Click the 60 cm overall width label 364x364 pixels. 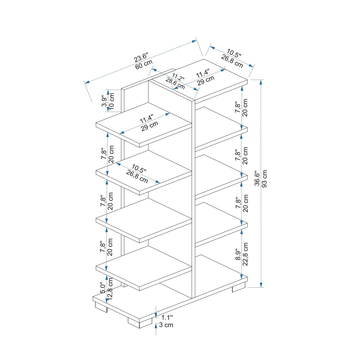click(x=144, y=64)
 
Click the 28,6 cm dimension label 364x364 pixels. click(x=175, y=83)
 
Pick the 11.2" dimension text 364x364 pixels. click(x=178, y=77)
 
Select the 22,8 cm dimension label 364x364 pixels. click(x=245, y=254)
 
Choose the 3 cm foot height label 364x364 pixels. click(x=166, y=325)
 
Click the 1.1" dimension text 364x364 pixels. click(x=167, y=317)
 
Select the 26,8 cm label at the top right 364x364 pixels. click(x=232, y=61)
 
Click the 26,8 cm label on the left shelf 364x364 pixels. click(x=137, y=177)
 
